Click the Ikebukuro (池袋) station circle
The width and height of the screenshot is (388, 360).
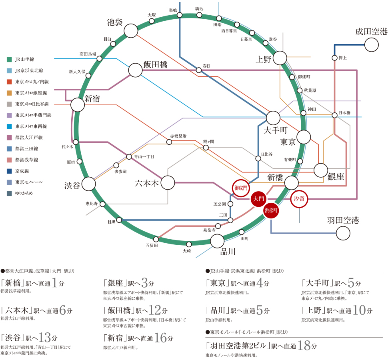130,30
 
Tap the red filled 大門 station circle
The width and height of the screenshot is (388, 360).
258,198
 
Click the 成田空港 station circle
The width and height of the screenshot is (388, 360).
371,44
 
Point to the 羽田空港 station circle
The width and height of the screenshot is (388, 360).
343,233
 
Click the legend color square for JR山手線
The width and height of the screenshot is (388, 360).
9,59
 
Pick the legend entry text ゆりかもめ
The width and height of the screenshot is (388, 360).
25,193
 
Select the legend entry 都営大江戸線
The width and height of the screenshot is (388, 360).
28,137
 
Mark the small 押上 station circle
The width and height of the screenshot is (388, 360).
334,58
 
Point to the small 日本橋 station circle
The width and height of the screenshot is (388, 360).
334,116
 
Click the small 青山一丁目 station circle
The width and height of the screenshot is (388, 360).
129,157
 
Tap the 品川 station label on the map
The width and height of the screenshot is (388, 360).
228,252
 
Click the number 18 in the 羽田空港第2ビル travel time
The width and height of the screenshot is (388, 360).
305,346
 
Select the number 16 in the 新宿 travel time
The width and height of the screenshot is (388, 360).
160,338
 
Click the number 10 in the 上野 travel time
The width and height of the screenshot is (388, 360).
359,310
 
